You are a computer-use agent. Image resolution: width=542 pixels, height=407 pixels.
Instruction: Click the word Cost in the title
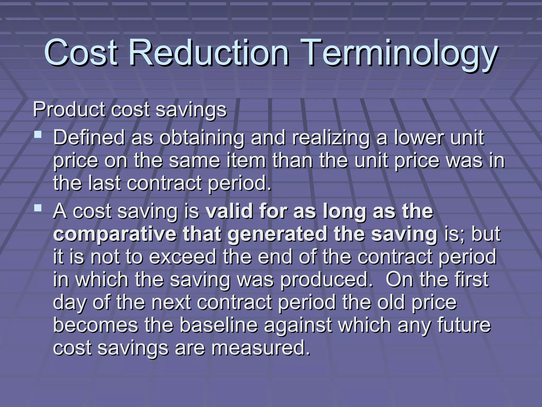click(x=81, y=52)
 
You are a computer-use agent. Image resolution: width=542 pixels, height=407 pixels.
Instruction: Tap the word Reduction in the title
click(x=209, y=52)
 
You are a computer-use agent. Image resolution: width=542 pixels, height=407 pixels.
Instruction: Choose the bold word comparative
click(x=115, y=235)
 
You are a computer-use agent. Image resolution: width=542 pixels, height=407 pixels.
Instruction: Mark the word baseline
click(x=219, y=325)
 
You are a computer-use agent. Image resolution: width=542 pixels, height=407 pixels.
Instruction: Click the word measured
click(x=261, y=348)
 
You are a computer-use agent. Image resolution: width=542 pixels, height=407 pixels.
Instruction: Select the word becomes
click(x=96, y=325)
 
